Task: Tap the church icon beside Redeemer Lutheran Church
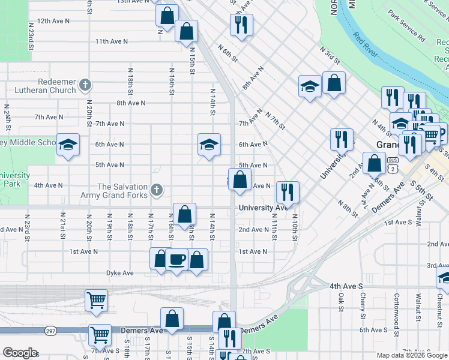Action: click(x=85, y=85)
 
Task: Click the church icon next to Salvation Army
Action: click(x=157, y=191)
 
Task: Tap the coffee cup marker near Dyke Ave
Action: click(x=177, y=260)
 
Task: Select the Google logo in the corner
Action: click(x=19, y=353)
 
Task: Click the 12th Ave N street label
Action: click(x=53, y=20)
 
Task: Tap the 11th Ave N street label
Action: click(x=112, y=41)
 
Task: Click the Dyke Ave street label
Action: click(x=119, y=273)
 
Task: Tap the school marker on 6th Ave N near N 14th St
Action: click(x=209, y=144)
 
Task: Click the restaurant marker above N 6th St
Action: click(x=241, y=24)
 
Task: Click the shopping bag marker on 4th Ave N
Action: click(x=240, y=179)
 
